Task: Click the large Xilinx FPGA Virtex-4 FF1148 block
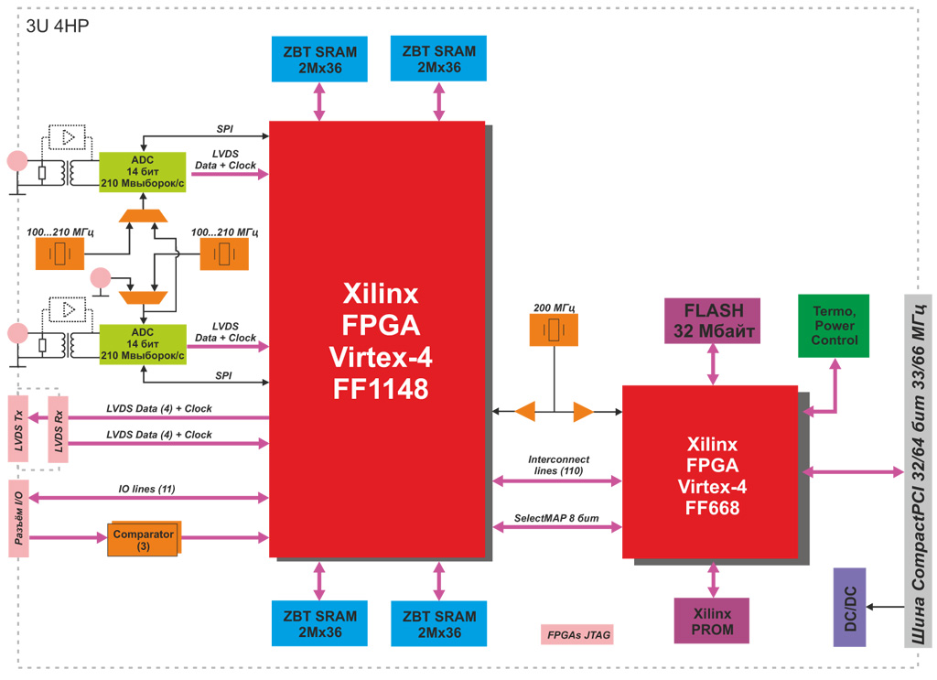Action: click(376, 339)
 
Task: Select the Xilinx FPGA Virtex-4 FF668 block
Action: click(710, 471)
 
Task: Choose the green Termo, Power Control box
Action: click(834, 326)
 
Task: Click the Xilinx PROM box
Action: click(712, 621)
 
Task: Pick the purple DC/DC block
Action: click(849, 607)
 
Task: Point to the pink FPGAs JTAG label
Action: click(577, 634)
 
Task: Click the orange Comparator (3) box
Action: click(144, 540)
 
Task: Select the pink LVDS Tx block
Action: click(18, 429)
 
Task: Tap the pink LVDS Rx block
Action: click(59, 429)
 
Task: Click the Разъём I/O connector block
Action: click(20, 517)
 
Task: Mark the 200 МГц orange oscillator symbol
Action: click(554, 329)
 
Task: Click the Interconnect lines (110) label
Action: click(558, 465)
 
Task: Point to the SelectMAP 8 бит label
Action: click(556, 519)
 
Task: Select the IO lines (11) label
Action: click(146, 489)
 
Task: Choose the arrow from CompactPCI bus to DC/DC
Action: click(885, 607)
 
